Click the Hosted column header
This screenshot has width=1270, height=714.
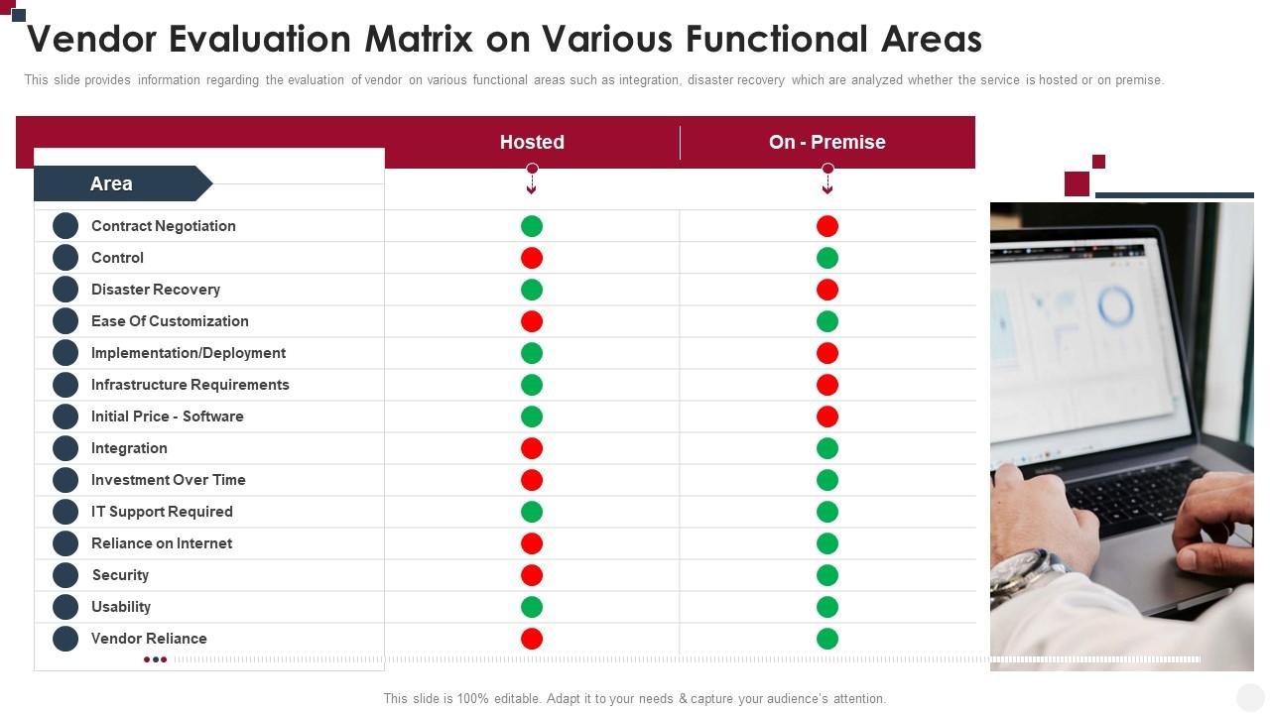532,142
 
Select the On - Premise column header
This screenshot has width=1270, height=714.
826,142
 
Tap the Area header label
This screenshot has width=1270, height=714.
111,183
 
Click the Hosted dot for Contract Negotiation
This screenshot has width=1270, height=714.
532,226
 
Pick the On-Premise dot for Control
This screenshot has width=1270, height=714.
827,258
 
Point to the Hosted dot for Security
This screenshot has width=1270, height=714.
532,575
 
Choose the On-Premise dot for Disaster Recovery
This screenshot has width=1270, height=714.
827,290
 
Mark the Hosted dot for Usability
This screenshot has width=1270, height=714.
532,607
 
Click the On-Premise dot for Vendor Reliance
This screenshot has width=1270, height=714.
827,639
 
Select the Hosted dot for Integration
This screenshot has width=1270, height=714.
532,448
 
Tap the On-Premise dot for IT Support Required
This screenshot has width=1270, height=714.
827,512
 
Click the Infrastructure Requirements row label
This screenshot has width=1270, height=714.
190,385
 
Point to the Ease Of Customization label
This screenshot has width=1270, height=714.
170,321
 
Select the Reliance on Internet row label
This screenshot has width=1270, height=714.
162,543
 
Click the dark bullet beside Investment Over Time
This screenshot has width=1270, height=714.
65,480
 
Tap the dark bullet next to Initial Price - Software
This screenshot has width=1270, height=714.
65,416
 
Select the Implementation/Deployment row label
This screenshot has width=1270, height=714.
189,353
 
